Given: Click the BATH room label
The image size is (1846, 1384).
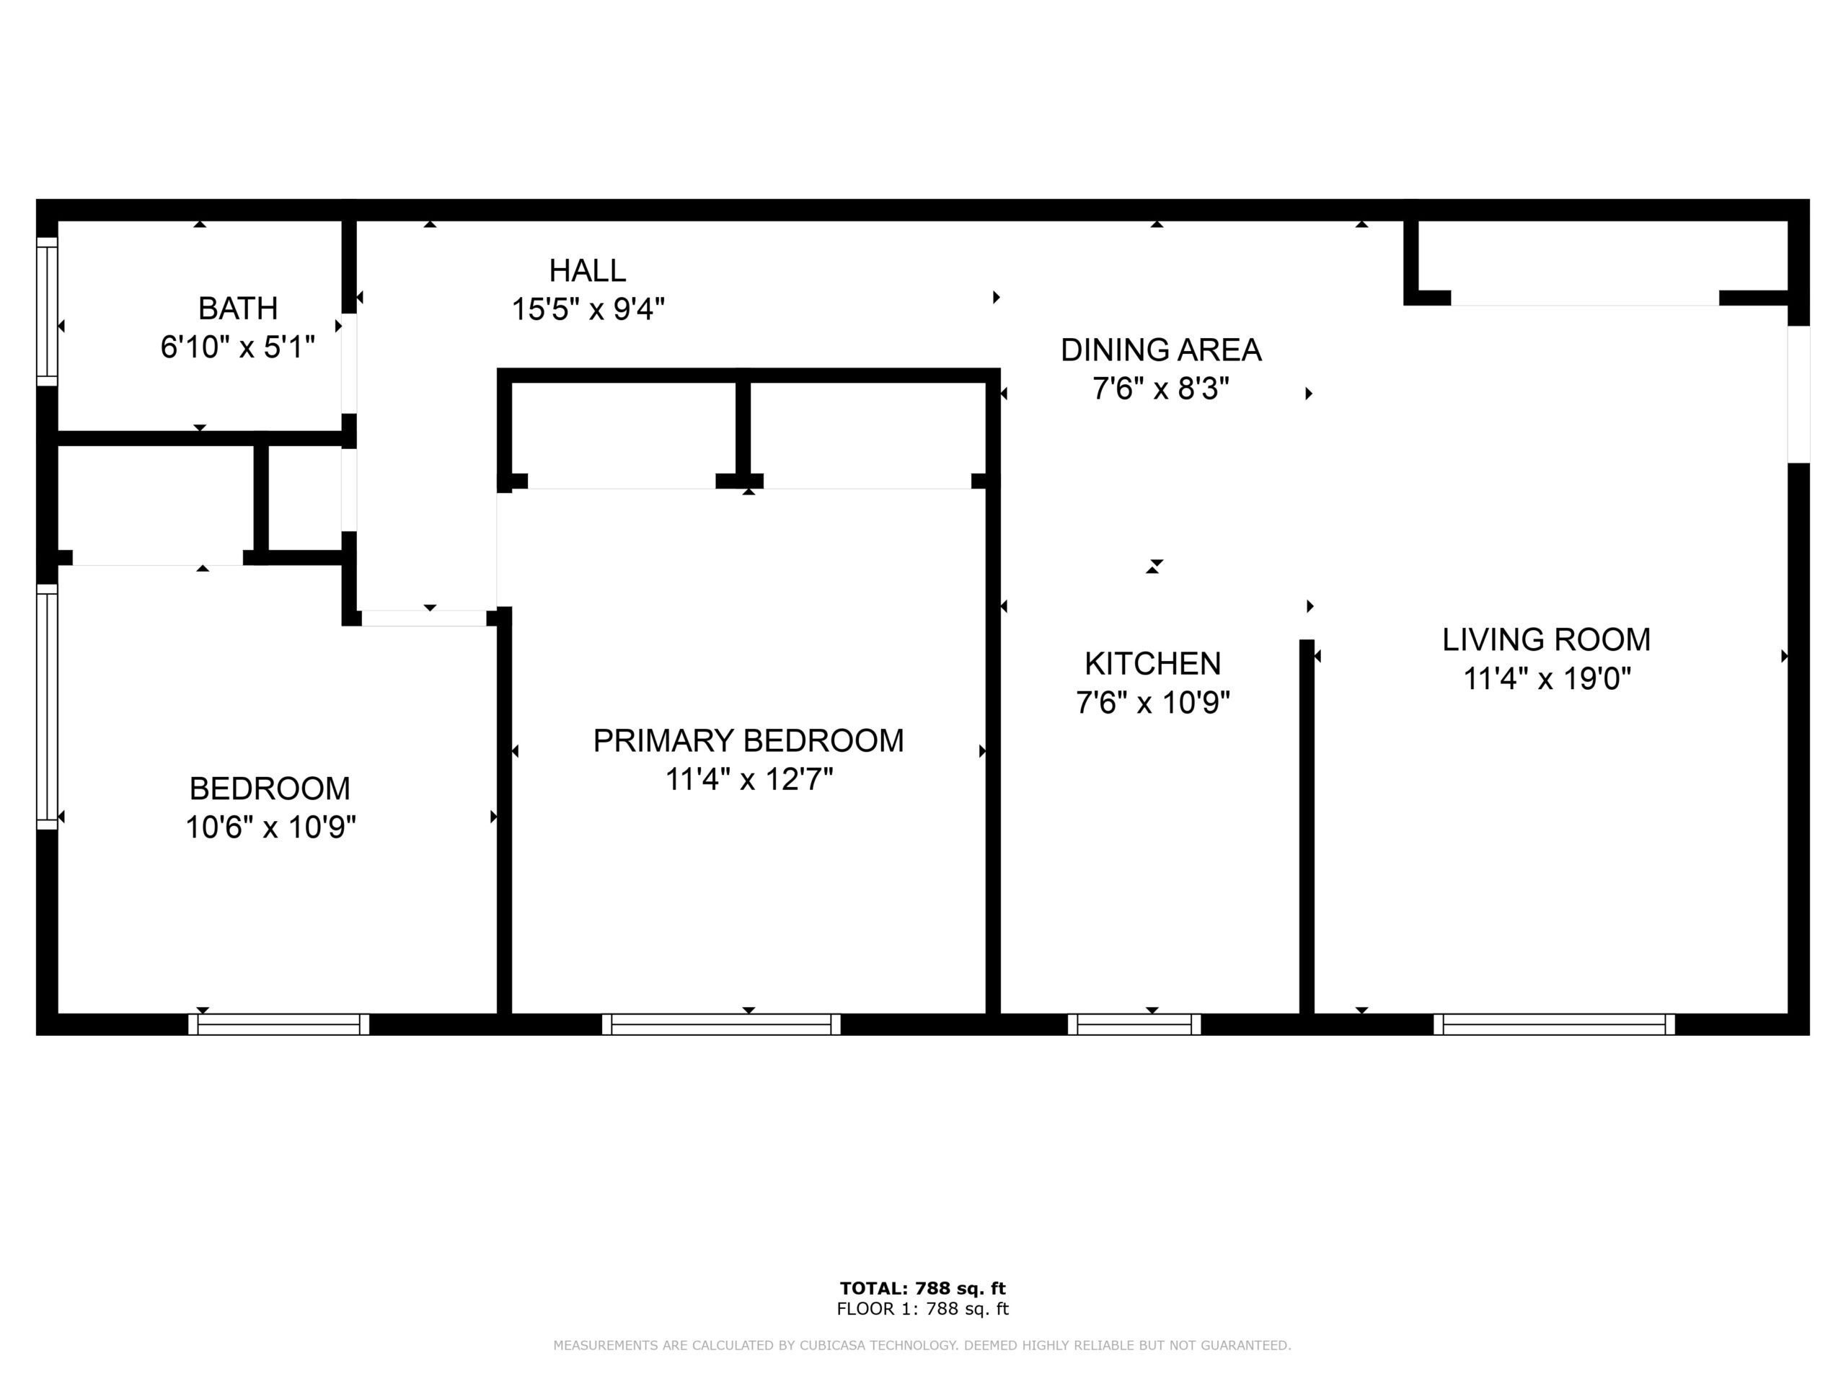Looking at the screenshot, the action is click(x=238, y=309).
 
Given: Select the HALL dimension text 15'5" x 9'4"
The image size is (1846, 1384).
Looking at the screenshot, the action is click(x=588, y=309).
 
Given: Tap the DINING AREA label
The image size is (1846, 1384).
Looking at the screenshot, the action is click(x=1161, y=350).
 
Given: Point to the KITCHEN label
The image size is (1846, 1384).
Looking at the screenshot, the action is click(x=1152, y=663).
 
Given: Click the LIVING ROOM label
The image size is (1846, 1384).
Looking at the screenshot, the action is click(x=1547, y=639).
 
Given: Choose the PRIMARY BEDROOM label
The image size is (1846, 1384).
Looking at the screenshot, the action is click(x=748, y=740).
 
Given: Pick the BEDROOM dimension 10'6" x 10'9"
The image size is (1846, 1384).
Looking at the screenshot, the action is click(x=270, y=828).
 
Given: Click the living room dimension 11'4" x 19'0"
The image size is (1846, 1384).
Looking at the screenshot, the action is click(x=1547, y=678).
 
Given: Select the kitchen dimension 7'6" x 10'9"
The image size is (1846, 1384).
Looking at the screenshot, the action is click(x=1152, y=702).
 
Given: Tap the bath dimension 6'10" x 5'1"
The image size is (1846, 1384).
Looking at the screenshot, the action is click(x=238, y=347).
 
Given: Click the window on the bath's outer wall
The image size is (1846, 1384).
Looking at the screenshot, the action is click(x=48, y=311).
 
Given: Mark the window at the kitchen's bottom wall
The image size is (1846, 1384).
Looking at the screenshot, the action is click(x=1134, y=1024).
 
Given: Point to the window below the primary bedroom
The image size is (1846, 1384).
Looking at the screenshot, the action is click(x=721, y=1024).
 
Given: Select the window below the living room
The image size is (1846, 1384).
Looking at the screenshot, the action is click(x=1554, y=1024).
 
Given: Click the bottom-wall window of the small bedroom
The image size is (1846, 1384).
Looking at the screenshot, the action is click(x=279, y=1024).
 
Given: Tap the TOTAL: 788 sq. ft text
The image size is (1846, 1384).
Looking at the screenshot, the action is click(x=923, y=1288).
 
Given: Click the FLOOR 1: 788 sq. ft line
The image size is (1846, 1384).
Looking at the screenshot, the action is click(x=923, y=1309).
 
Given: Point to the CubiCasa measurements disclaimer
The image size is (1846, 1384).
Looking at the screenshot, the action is click(x=922, y=1345).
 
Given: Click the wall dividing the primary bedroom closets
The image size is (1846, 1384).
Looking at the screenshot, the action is click(x=743, y=428).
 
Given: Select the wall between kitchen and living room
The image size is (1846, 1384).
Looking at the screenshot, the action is click(x=1307, y=827).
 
